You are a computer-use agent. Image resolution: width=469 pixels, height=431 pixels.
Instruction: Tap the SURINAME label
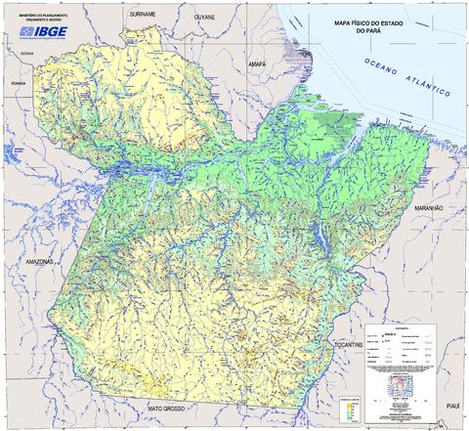point(144,16)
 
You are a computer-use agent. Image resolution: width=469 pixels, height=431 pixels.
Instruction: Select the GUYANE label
point(203,17)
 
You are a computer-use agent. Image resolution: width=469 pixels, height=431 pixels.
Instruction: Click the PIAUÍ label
point(451,405)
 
